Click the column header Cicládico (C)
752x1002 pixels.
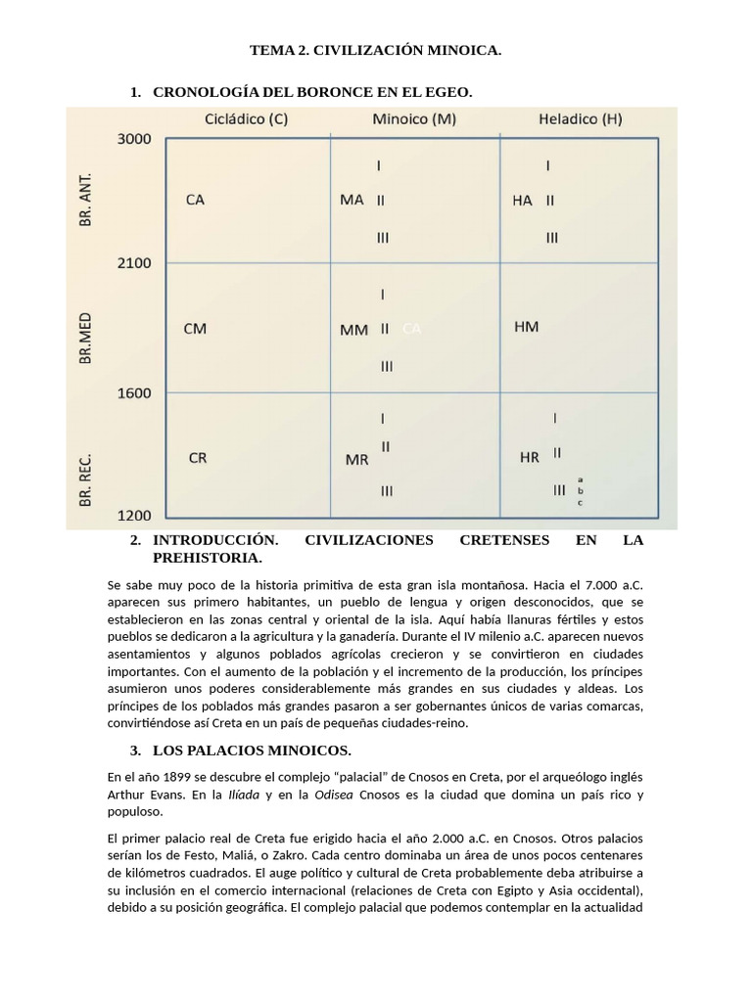247,120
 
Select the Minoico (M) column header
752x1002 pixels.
413,120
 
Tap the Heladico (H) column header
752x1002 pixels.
580,120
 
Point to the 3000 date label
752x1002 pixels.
134,139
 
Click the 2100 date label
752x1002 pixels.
134,263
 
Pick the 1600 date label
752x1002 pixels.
134,393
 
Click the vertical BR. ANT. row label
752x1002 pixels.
86,201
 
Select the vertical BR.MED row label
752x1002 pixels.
86,339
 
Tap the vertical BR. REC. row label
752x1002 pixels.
86,478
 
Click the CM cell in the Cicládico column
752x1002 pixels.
195,329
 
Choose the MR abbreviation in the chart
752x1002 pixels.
356,459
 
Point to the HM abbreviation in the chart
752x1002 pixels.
526,327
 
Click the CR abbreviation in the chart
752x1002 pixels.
197,457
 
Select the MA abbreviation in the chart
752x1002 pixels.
352,200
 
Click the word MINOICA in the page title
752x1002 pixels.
461,50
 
